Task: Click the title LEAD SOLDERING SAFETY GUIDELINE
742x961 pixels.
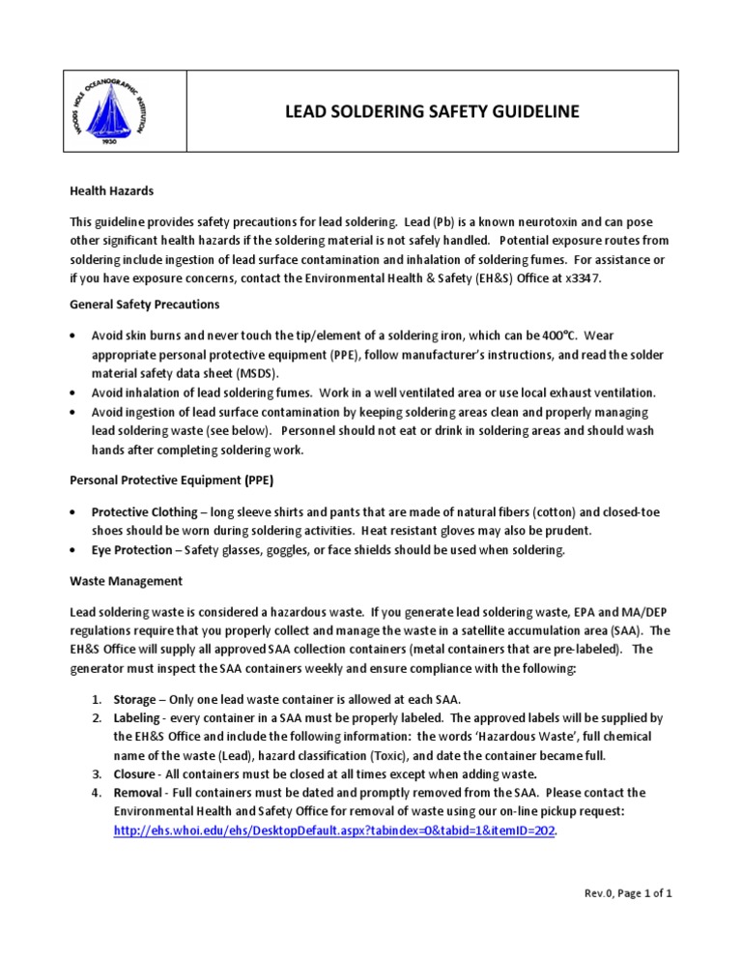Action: [x=431, y=112]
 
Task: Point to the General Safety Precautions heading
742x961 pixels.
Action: [x=145, y=305]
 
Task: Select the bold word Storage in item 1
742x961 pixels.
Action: [x=133, y=698]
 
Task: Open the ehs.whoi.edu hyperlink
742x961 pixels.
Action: [x=334, y=830]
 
